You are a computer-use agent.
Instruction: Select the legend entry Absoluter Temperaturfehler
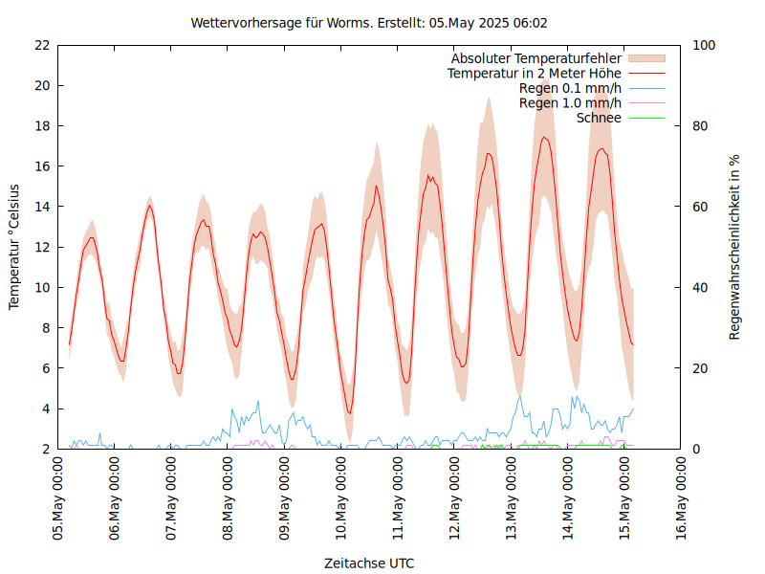coord(535,58)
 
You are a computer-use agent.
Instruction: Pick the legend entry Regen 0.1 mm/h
coord(570,88)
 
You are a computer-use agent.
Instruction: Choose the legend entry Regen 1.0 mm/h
coord(570,102)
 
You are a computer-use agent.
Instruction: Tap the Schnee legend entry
coord(599,118)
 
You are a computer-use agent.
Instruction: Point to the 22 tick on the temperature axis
coord(41,45)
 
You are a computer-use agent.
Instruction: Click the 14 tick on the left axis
coord(41,207)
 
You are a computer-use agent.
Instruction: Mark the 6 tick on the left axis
coord(45,368)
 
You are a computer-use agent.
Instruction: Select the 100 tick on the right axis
coord(706,45)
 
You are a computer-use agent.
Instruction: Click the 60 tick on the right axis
coord(702,207)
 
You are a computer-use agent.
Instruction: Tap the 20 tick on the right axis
coord(702,368)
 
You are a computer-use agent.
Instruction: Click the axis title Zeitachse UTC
coord(369,563)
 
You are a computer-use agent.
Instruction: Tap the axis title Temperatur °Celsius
coord(14,246)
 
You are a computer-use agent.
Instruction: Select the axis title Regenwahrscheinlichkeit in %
coord(734,246)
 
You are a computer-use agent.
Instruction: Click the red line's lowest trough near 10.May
coord(349,413)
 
